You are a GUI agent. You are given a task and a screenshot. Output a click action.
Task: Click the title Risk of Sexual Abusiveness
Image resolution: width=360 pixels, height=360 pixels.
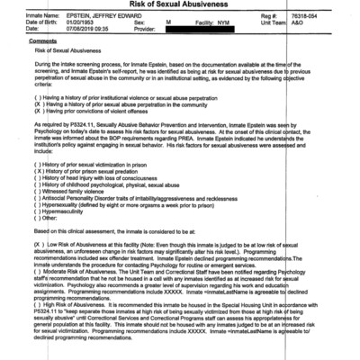click(179, 5)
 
